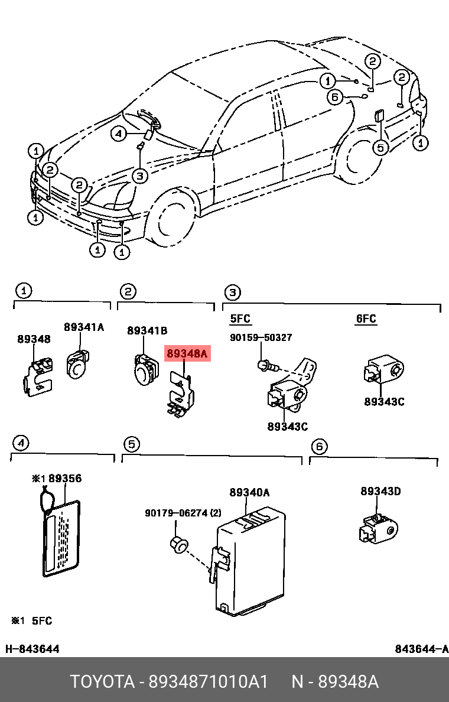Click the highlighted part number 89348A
pyautogui.click(x=187, y=355)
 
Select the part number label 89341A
pyautogui.click(x=83, y=327)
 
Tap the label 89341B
pyautogui.click(x=147, y=330)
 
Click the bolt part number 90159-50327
pyautogui.click(x=261, y=337)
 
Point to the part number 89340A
pyautogui.click(x=249, y=492)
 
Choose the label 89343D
pyautogui.click(x=380, y=491)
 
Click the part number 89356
pyautogui.click(x=65, y=479)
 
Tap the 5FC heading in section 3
pyautogui.click(x=240, y=319)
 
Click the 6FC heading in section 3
pyautogui.click(x=366, y=319)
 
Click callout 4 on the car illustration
pyautogui.click(x=119, y=135)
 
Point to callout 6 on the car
pyautogui.click(x=335, y=97)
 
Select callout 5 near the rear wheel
pyautogui.click(x=381, y=147)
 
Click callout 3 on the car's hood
pyautogui.click(x=139, y=175)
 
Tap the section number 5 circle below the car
pyautogui.click(x=131, y=444)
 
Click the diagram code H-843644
pyautogui.click(x=32, y=649)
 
